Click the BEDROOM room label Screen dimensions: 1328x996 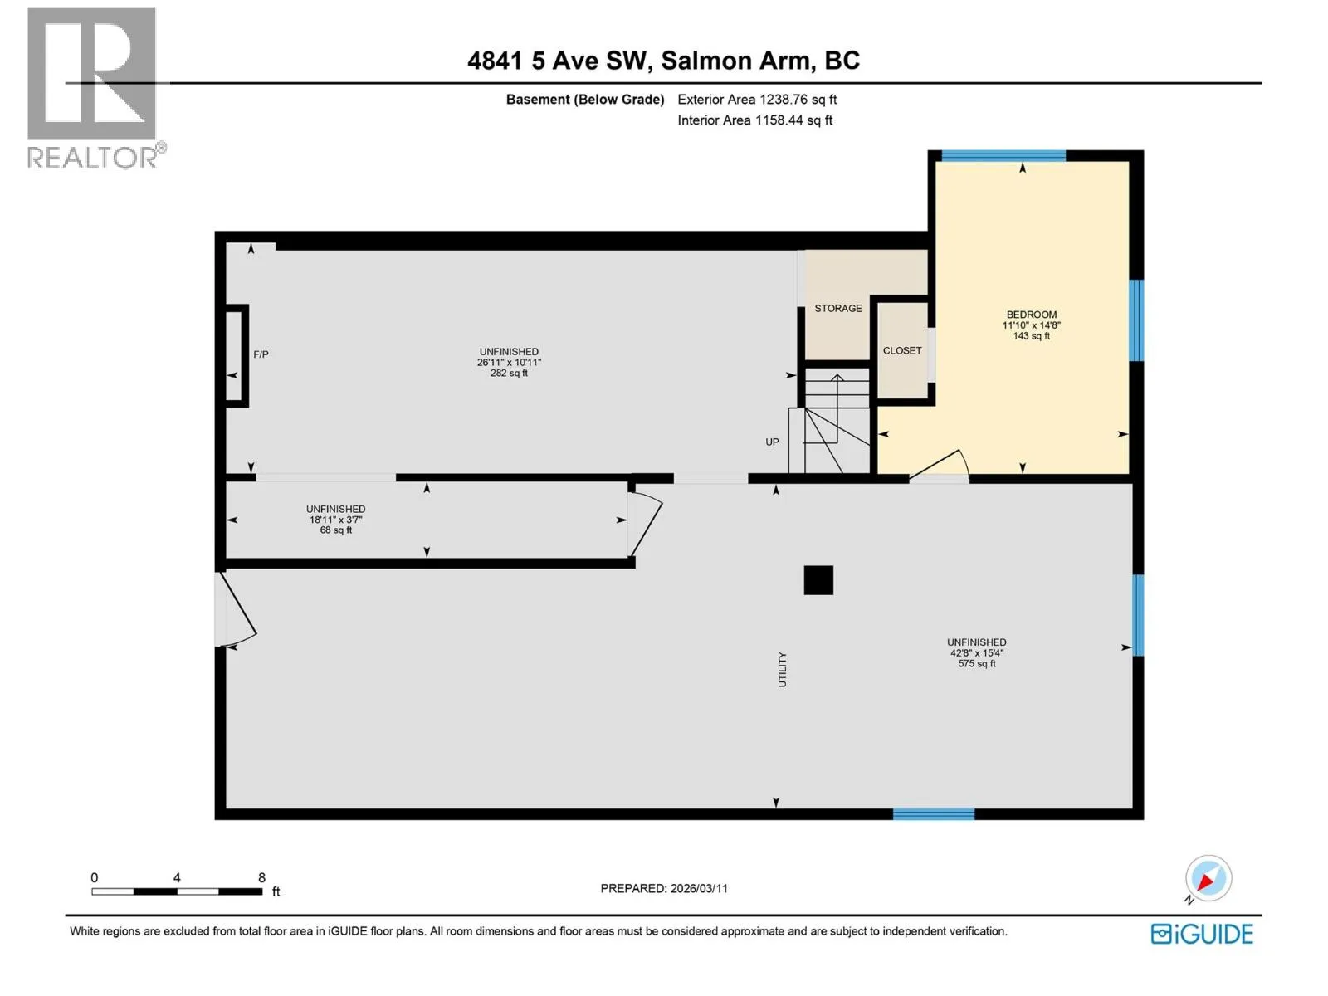(x=1031, y=315)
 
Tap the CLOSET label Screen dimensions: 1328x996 (x=901, y=351)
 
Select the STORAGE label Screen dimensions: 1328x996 (x=838, y=309)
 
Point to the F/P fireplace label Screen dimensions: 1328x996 (x=261, y=354)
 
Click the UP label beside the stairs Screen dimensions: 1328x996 (x=772, y=442)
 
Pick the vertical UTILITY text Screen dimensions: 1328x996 (x=783, y=670)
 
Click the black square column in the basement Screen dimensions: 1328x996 (x=818, y=580)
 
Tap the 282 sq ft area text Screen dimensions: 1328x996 (x=509, y=373)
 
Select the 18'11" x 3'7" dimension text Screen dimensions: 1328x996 (x=336, y=520)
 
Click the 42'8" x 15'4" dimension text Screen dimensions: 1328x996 (x=976, y=652)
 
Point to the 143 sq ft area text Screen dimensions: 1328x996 (x=1031, y=335)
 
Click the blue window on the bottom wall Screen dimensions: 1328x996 (x=934, y=814)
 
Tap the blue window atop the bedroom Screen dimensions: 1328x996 (x=1003, y=156)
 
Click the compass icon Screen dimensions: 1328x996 (x=1208, y=879)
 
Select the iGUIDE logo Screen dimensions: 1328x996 (x=1202, y=935)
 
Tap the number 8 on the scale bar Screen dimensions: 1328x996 (x=261, y=877)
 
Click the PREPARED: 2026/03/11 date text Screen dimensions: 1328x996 (x=664, y=888)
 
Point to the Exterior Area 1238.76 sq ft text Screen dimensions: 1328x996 (x=757, y=99)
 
